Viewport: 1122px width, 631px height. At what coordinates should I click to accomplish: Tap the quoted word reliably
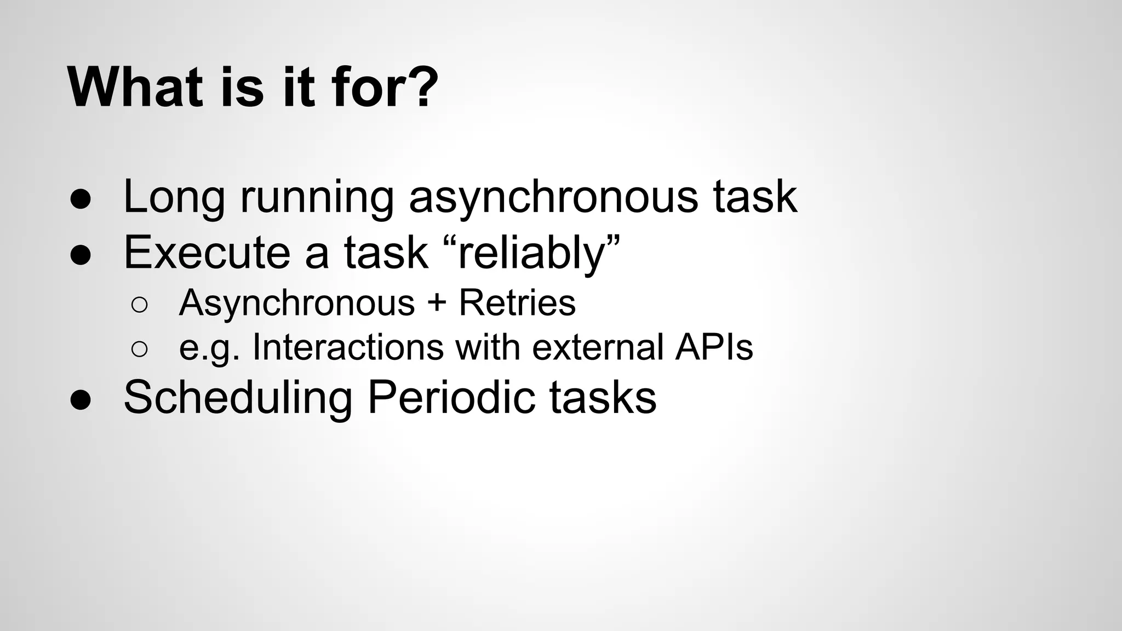coord(530,253)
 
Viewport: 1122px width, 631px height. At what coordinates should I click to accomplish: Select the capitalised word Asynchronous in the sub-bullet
coord(296,302)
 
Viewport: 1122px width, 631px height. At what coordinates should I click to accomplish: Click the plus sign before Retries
coord(437,303)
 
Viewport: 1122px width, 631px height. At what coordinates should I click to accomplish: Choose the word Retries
coord(517,302)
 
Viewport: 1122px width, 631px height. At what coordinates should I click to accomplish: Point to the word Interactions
coord(348,347)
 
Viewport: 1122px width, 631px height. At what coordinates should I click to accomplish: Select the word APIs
coord(714,347)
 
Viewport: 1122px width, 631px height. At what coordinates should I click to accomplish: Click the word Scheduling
coord(238,398)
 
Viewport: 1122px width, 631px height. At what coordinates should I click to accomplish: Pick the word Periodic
coord(451,397)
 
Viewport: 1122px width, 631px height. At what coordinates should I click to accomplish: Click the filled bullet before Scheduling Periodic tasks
coord(80,400)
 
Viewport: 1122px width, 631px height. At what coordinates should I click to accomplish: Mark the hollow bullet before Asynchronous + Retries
coord(140,305)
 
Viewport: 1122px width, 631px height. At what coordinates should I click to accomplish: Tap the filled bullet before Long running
coord(80,200)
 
